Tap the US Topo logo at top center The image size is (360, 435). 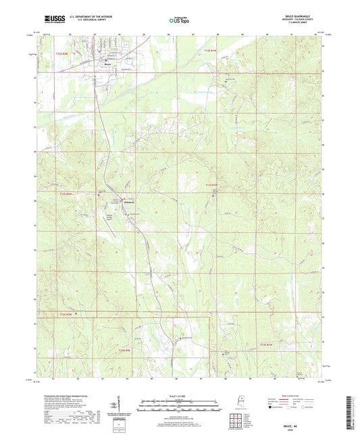178,21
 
